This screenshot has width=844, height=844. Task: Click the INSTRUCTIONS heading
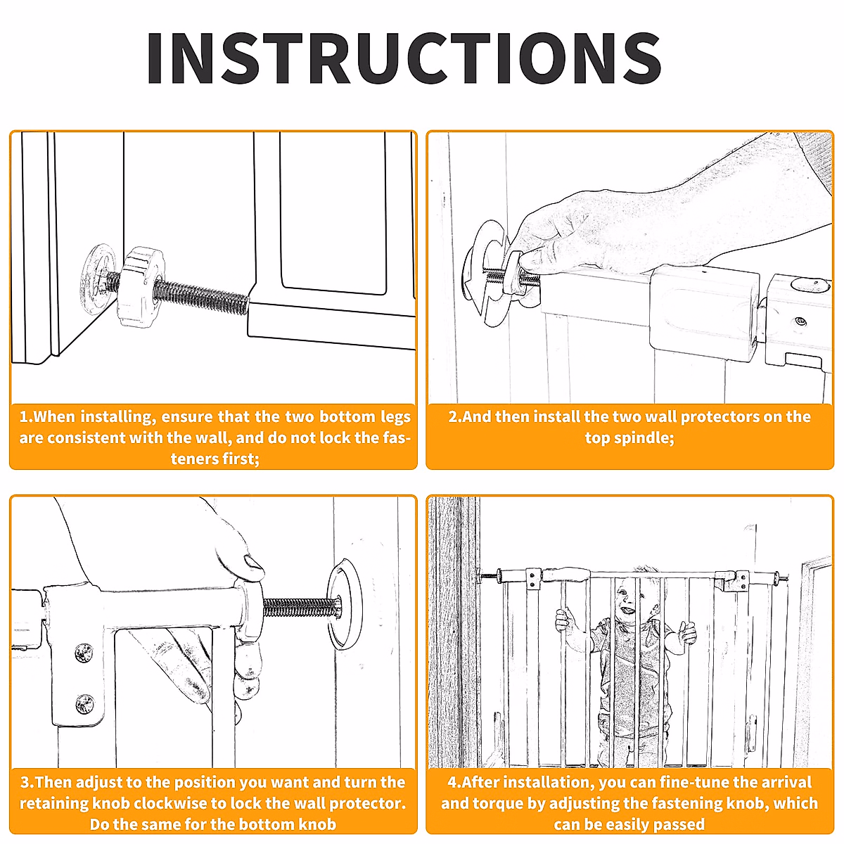click(404, 58)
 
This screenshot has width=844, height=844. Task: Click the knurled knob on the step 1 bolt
click(140, 287)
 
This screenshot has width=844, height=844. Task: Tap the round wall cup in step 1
click(97, 276)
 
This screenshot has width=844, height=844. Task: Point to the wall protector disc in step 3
click(345, 604)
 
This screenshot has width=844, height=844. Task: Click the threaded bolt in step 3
click(302, 608)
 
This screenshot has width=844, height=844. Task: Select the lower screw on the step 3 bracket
click(84, 705)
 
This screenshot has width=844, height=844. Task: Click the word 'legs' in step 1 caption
click(395, 417)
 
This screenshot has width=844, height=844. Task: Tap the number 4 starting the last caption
click(452, 782)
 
